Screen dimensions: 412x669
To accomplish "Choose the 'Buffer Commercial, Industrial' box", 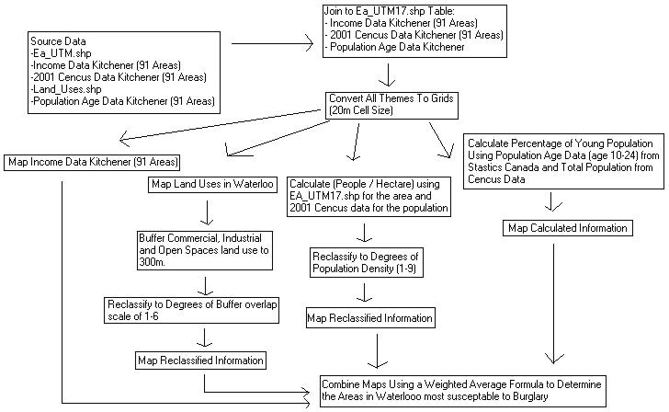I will click(201, 249).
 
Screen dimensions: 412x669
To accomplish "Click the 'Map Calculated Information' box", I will click(567, 228).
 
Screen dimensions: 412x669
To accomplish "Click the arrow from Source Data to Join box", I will click(271, 43).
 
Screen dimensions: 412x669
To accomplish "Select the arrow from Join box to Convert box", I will click(391, 74).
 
